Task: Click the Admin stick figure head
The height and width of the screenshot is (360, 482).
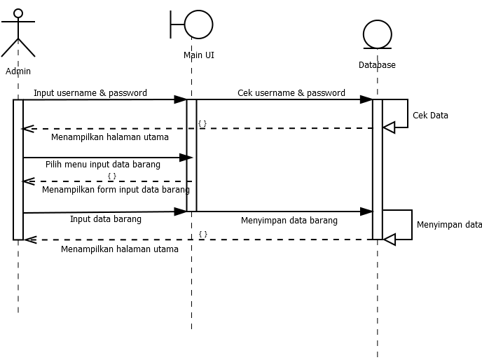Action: coord(18,13)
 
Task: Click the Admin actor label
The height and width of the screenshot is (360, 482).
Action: coord(18,71)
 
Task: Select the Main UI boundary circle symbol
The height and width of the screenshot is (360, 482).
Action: coord(198,25)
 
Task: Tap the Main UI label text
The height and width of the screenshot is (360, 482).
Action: coord(199,55)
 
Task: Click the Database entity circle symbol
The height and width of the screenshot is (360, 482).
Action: coord(377,34)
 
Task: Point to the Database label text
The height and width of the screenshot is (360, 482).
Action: coord(377,65)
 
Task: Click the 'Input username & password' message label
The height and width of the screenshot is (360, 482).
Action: coord(90,92)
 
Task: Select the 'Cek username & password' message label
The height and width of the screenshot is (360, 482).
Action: coord(291,92)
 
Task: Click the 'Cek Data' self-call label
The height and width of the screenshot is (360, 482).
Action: coord(430,116)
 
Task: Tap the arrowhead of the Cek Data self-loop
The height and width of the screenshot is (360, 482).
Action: coord(389,127)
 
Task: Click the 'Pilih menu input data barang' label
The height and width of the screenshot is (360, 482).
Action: coord(103,165)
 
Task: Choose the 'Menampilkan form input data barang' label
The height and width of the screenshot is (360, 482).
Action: coord(116,190)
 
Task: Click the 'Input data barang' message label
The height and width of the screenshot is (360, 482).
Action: coord(106,219)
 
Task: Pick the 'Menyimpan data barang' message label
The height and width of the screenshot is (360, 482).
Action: coord(289,221)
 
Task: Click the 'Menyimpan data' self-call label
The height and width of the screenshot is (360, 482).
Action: coord(449,225)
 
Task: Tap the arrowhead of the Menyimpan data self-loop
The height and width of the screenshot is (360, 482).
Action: coord(389,240)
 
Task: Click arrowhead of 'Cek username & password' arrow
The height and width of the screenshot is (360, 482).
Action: coord(366,99)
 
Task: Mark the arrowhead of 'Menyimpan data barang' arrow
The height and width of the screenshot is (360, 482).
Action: coord(366,212)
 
